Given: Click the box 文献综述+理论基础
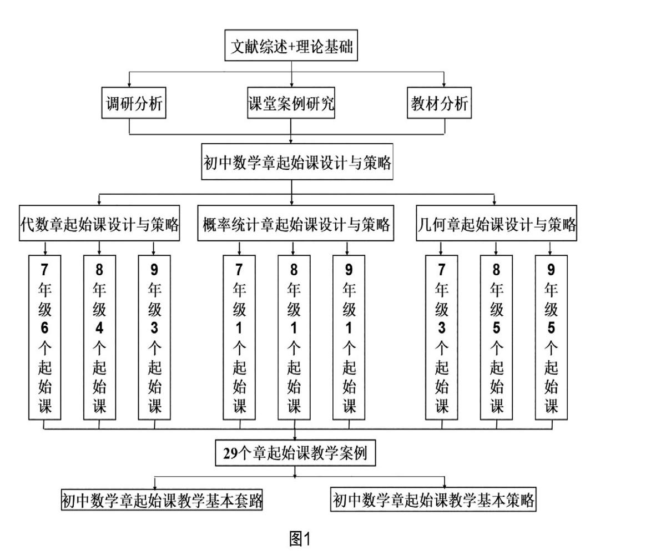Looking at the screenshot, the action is (291, 46).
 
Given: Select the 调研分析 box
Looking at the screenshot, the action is (134, 103).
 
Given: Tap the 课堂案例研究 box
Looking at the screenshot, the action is (291, 103).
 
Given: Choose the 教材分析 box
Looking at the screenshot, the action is (439, 103).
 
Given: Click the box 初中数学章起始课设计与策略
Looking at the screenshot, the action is (297, 162).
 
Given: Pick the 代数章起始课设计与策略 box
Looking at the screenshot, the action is (99, 223).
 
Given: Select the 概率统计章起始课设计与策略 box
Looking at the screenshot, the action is (295, 223).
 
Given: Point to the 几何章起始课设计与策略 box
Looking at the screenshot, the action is (496, 223).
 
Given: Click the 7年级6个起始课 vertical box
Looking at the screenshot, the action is (44, 337).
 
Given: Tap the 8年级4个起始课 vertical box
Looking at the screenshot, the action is (99, 337).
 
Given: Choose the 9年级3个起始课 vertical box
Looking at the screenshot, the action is (154, 337).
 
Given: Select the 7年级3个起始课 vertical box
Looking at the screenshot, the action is (441, 337).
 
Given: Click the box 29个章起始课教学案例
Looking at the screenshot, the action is (295, 453).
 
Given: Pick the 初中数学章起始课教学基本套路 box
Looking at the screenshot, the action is (162, 500).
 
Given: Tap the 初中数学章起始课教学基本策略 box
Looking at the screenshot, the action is (433, 499).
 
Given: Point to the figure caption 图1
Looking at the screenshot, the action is (300, 539).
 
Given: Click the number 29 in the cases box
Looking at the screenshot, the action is (230, 453).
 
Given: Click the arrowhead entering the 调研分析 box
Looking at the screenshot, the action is (129, 85).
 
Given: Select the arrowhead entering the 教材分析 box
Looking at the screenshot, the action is (444, 85).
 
